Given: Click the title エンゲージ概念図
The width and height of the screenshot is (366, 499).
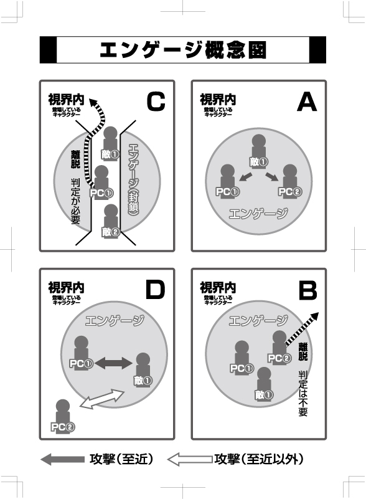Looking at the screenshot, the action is coord(183,50).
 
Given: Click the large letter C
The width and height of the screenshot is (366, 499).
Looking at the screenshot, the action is coord(156,102).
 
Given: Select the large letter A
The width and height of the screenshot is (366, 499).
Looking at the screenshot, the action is coord(307,102).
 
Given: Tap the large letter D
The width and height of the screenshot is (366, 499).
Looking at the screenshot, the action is coord(155,290).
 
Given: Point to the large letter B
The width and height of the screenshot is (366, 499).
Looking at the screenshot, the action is coord(308,290).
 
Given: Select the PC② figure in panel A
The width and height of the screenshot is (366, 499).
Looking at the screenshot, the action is coord(290,181).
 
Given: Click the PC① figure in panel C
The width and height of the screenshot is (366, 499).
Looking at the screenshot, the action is coord(101,183).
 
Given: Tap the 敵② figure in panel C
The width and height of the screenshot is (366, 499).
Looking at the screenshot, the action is coord(111,221).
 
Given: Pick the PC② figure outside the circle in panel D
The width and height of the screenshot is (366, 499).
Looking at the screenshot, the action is coord(63,416).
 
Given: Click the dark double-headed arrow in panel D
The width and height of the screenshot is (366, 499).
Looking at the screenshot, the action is coord(113,363).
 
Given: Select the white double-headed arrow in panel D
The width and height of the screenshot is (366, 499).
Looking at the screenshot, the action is coord(101,399).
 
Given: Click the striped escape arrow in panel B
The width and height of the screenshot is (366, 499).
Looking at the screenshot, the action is coord(302,329).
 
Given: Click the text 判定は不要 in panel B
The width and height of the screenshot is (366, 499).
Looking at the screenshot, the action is coord(303,393).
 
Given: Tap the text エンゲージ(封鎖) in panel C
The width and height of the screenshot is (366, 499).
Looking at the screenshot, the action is coord(133,180).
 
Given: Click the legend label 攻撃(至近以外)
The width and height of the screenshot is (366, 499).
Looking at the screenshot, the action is coord(259,459).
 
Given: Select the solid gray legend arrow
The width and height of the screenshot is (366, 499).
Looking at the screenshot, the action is coord(62,460).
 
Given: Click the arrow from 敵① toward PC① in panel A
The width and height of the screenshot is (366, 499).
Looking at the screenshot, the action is coord(245,177).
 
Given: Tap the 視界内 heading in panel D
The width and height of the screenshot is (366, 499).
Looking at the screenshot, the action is coord(66,288).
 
